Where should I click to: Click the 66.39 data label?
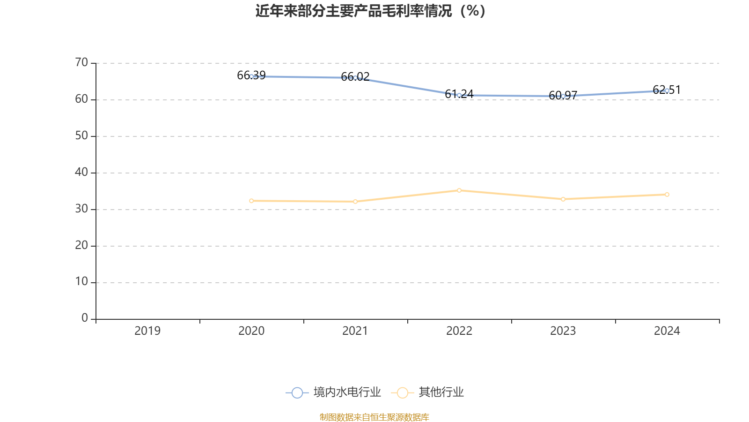coord(251,75)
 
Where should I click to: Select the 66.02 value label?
coord(355,76)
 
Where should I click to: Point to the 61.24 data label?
coord(459,94)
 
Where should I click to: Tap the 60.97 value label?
coord(563,95)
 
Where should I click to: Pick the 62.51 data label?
coord(667,90)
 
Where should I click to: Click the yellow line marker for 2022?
coord(459,190)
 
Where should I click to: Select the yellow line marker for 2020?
coord(251,201)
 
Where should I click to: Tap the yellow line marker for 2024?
coord(667,195)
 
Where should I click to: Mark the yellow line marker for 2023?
coord(563,199)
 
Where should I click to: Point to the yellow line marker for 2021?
coord(355,202)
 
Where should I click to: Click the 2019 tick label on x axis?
coord(147,331)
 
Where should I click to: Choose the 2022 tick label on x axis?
coord(459,331)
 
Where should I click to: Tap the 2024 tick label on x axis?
coord(667,331)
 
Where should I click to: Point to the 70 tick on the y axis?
coord(81,62)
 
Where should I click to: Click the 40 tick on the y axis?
coord(81,172)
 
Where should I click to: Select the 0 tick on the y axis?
coord(84,318)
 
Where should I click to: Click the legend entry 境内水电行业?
coord(333,392)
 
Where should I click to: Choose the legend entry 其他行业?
coord(430,392)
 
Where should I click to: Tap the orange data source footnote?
coord(374,417)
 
